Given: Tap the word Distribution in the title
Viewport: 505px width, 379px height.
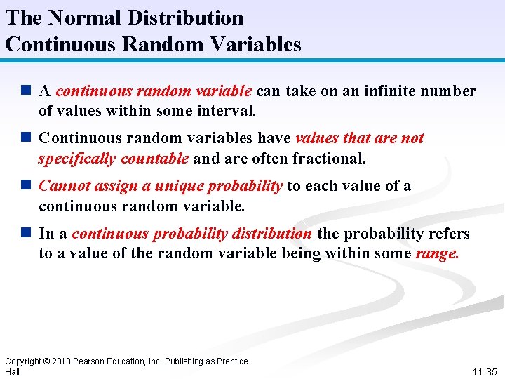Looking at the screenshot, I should click(x=186, y=18).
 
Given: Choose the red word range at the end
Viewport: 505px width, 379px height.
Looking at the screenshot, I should click(x=437, y=253).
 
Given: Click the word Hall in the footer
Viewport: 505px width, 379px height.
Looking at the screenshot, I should click(x=12, y=371).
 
